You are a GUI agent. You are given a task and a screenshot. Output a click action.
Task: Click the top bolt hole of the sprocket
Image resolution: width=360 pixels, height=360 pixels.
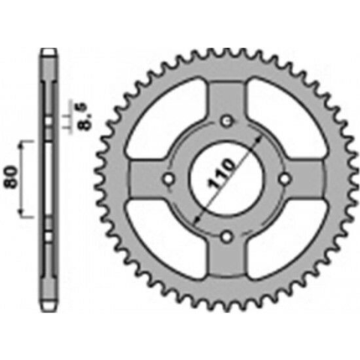227,121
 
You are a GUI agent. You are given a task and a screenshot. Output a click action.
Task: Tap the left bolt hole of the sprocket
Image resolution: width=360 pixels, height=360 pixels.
169,178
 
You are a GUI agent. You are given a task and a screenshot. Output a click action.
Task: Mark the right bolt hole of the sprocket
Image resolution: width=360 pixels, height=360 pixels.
286,178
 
